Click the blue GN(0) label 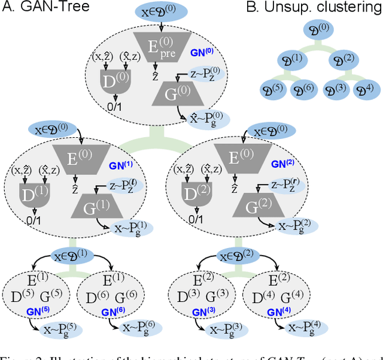click(202, 53)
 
